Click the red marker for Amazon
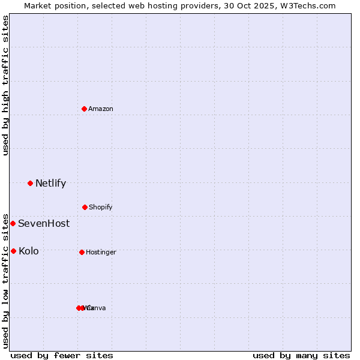pyautogui.click(x=85, y=109)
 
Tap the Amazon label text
pyautogui.click(x=101, y=109)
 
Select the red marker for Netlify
pyautogui.click(x=30, y=183)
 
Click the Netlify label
pyautogui.click(x=50, y=184)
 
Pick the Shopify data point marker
pyautogui.click(x=85, y=207)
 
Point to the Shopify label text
pyautogui.click(x=101, y=208)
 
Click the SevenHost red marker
pyautogui.click(x=13, y=223)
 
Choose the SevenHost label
pyautogui.click(x=44, y=224)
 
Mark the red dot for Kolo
pyautogui.click(x=13, y=251)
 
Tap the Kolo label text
pyautogui.click(x=29, y=251)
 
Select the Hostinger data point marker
pyautogui.click(x=82, y=252)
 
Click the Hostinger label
pyautogui.click(x=101, y=253)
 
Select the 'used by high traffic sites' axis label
pyautogui.click(x=5, y=85)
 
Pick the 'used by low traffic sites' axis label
pyautogui.click(x=5, y=280)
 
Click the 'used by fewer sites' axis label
pyautogui.click(x=62, y=355)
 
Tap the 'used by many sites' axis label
pyautogui.click(x=301, y=355)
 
